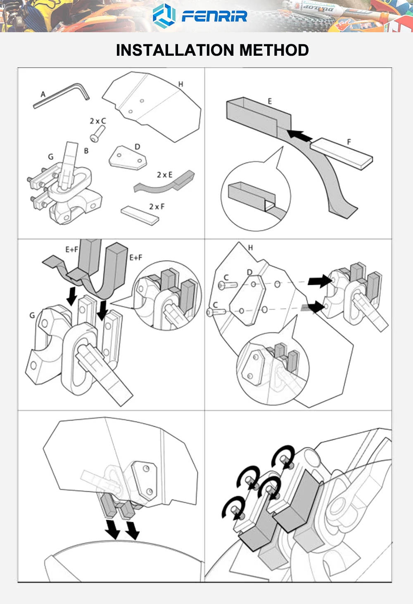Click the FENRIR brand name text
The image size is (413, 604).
click(214, 16)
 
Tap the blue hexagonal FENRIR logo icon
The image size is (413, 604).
click(164, 16)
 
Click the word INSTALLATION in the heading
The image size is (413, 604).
click(176, 50)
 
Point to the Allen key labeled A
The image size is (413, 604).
click(62, 95)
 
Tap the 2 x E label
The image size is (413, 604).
click(164, 175)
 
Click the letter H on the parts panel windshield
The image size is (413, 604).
click(180, 84)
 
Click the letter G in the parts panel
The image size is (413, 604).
click(51, 157)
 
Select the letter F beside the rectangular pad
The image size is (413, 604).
click(349, 142)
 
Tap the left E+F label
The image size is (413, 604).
click(72, 249)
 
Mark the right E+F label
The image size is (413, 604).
click(136, 258)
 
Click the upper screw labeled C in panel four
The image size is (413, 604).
click(227, 284)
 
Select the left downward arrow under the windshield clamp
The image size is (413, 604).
click(112, 529)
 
